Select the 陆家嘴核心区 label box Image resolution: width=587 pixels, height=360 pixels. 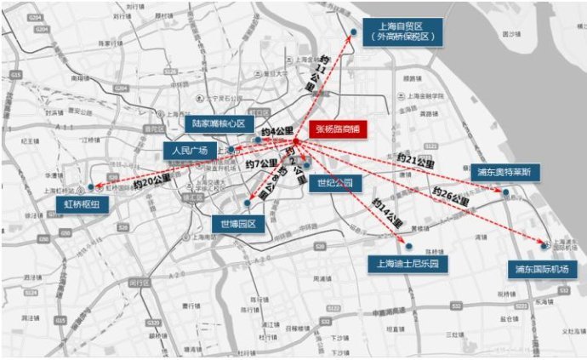click(218, 123)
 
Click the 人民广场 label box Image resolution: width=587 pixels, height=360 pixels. click(190, 151)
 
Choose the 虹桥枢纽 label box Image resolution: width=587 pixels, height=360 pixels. click(81, 204)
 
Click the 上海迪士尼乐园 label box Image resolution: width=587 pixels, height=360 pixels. click(407, 263)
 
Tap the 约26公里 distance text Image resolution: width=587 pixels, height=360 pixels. click(450, 198)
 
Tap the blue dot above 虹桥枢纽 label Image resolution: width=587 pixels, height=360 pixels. click(91, 186)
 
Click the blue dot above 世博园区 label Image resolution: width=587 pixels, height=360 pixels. click(247, 203)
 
